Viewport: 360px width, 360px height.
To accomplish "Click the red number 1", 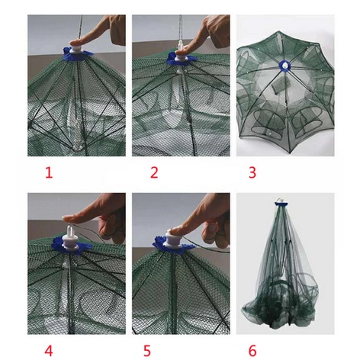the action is (x=49, y=172).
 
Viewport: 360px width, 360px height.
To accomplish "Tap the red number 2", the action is (x=154, y=172).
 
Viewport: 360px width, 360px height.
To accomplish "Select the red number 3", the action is (x=252, y=172).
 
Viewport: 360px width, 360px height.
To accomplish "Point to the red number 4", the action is (x=49, y=351).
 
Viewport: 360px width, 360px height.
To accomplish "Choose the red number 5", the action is (x=147, y=351).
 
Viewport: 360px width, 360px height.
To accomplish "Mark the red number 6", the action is (x=252, y=351).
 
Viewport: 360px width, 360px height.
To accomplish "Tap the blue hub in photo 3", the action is (x=285, y=66).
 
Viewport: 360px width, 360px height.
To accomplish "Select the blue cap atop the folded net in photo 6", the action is (x=281, y=204).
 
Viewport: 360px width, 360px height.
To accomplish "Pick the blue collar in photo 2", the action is (x=182, y=59).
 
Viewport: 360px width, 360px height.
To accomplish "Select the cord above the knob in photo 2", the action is (x=181, y=27).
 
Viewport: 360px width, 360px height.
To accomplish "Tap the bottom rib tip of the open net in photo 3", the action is (x=290, y=152).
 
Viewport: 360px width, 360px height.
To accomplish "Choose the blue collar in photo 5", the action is (x=174, y=246).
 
